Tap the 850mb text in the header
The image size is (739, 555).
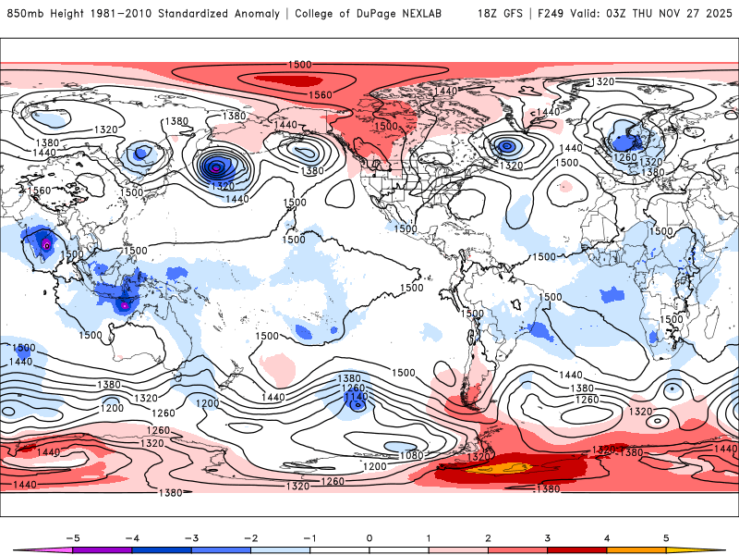(x=24, y=14)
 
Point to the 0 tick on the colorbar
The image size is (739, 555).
(x=369, y=536)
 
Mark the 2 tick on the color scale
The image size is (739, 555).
(x=488, y=536)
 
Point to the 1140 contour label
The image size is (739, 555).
(x=355, y=397)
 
